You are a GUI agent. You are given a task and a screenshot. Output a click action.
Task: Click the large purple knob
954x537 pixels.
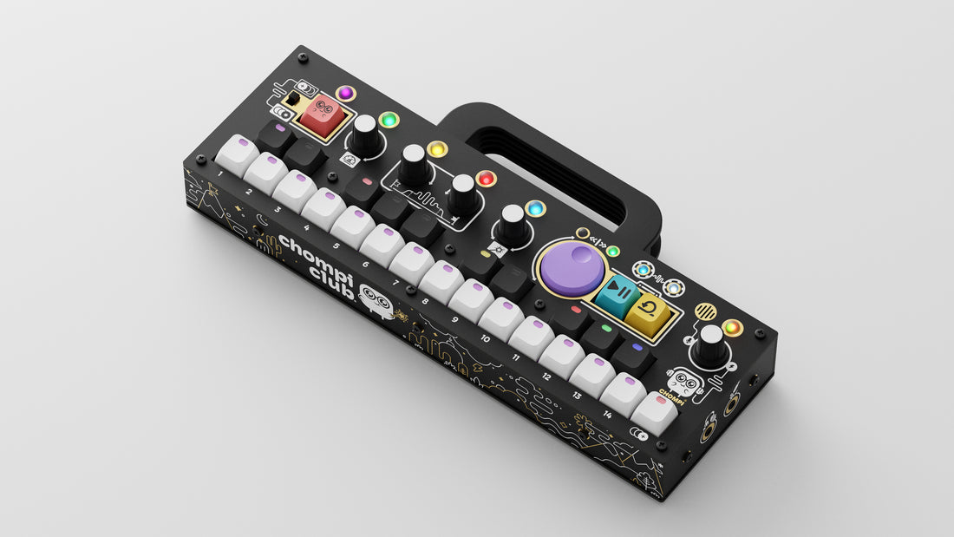click(572, 269)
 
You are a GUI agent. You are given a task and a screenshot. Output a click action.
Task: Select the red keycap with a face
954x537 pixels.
click(321, 115)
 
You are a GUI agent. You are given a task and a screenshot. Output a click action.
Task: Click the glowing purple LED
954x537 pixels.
click(345, 93)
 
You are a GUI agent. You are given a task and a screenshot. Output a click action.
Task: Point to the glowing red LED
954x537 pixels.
click(486, 179)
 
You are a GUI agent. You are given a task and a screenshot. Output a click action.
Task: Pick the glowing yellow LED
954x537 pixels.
click(436, 148)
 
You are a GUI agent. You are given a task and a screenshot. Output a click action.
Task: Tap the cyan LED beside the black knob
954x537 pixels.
click(535, 209)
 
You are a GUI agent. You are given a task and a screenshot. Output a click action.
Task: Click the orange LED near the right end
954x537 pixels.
click(733, 328)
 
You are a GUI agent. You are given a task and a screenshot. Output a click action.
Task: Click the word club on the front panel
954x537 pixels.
click(331, 281)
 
